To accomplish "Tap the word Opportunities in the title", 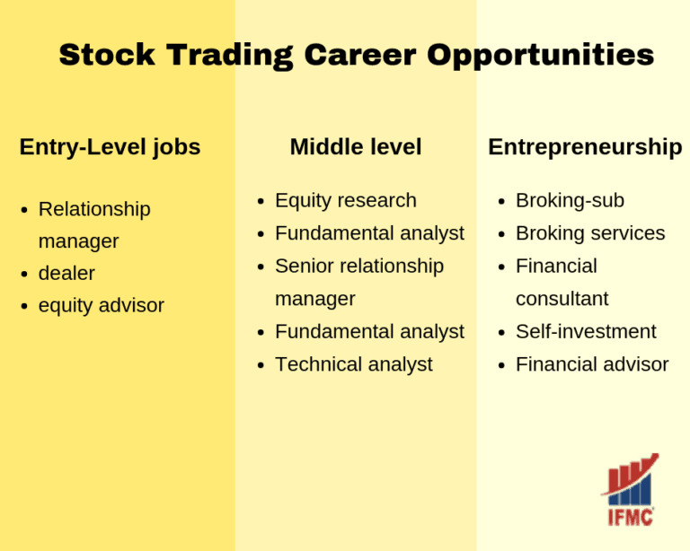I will coord(540,56).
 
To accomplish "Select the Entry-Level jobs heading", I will coord(110,147).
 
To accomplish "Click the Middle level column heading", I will coord(355,147).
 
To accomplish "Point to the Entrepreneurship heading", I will coord(585,147).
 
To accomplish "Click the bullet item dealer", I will coord(66,274).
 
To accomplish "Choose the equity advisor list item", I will coord(101,306).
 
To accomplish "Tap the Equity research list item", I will coord(345,201).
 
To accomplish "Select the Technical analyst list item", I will coord(353,364).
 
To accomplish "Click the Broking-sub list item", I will coord(570,201).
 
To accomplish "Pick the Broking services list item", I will coord(590,233).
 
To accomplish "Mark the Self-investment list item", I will coord(586,332).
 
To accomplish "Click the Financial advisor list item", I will coord(592,364).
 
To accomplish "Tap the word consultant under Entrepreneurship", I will coord(562,299).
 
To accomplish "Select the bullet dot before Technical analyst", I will coord(261,365).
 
